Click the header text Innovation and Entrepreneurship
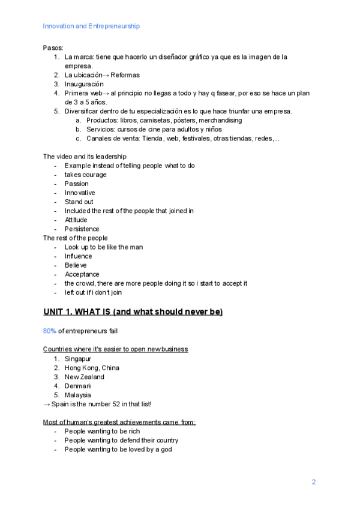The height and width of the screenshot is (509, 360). (x=91, y=26)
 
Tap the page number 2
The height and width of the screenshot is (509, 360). (x=313, y=482)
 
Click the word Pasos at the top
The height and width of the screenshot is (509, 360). (x=53, y=47)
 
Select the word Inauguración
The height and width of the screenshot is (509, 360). (x=84, y=84)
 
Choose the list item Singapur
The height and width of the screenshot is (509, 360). (x=79, y=358)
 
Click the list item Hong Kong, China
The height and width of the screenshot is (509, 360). (x=92, y=368)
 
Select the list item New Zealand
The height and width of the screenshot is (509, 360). (x=84, y=377)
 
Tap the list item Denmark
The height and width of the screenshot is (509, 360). (x=78, y=386)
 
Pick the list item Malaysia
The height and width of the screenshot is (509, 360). (x=78, y=395)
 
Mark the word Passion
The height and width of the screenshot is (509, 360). (x=76, y=184)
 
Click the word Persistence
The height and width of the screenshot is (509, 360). (x=82, y=229)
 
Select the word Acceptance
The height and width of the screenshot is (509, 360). (x=82, y=274)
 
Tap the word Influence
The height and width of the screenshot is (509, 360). (x=79, y=256)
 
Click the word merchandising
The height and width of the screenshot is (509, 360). (x=217, y=120)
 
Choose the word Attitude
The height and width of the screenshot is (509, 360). (x=76, y=220)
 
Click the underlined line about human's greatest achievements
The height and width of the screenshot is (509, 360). (x=119, y=422)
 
